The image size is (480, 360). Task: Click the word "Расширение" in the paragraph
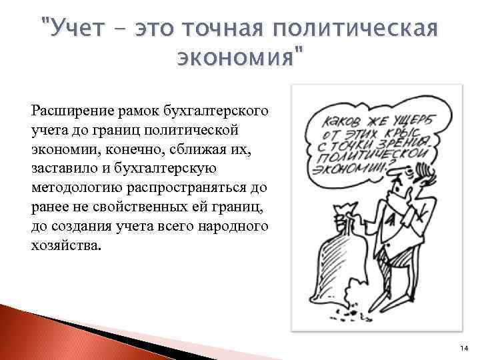pos(68,107)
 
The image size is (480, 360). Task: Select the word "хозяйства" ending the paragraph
pos(64,245)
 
